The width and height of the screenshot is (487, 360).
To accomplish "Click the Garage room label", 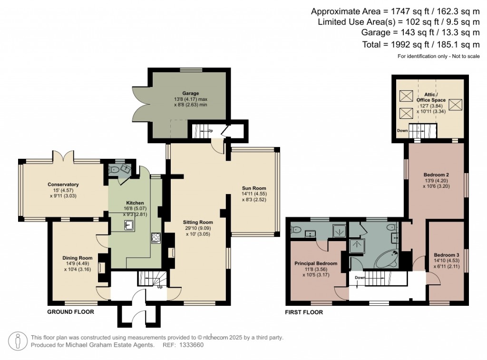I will (190, 93).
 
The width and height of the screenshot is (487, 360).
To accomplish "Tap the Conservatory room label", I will (63, 185).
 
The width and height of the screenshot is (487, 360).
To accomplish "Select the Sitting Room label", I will (198, 222).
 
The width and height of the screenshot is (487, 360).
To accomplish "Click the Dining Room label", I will (77, 258).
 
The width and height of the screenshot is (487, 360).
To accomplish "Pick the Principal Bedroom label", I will (316, 263).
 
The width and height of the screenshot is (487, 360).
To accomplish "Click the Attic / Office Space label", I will (431, 97).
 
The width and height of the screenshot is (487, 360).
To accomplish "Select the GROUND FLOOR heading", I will (70, 312).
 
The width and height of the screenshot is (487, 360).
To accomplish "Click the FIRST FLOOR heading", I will (304, 312).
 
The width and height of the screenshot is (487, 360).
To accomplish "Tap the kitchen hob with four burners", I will (156, 237).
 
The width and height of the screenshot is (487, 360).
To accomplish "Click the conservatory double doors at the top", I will (63, 156).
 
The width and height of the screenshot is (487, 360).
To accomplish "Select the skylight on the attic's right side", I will (455, 104).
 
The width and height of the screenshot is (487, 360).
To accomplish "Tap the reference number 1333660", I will (192, 345).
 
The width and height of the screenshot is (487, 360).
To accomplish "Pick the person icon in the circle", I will (18, 341).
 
